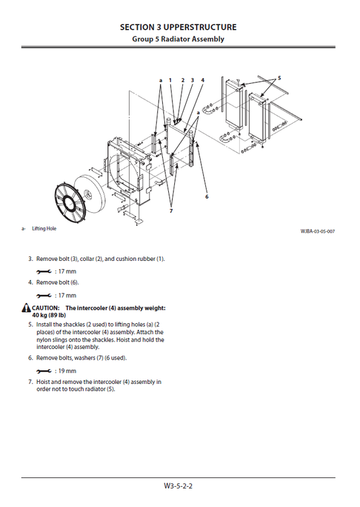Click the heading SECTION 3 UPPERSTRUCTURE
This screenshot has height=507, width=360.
point(178,27)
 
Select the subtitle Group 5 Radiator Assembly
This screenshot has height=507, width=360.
point(178,39)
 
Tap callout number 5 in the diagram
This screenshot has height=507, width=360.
point(279,77)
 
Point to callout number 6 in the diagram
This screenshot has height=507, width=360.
point(207,197)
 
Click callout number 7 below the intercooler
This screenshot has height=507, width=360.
point(171,210)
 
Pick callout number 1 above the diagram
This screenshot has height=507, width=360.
point(170,80)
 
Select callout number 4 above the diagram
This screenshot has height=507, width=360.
point(203,80)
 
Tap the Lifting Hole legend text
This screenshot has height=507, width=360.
point(44,228)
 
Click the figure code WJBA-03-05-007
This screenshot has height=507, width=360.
point(317,231)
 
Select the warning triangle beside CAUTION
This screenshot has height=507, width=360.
point(26,308)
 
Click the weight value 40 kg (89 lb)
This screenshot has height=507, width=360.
point(48,315)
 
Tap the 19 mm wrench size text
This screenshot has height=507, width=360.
point(66,371)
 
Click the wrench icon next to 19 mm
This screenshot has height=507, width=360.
point(44,371)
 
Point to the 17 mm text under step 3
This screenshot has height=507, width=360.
point(66,271)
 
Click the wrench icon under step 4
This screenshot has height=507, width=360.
point(44,295)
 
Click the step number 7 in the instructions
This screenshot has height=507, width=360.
point(30,382)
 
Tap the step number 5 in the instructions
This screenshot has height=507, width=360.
point(30,324)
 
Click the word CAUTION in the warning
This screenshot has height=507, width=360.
point(46,308)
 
